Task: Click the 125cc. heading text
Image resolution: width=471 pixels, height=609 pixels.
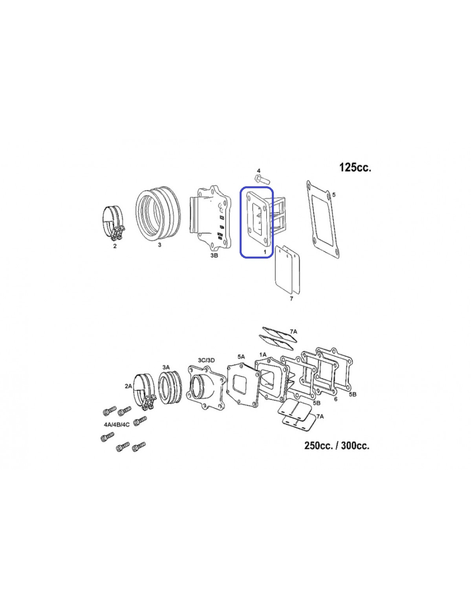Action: pos(355,167)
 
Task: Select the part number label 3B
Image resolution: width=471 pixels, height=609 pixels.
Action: pos(214,255)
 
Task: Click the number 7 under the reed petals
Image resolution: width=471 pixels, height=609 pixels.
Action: pos(292,299)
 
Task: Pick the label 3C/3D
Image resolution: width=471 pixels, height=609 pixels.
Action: pos(206,360)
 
